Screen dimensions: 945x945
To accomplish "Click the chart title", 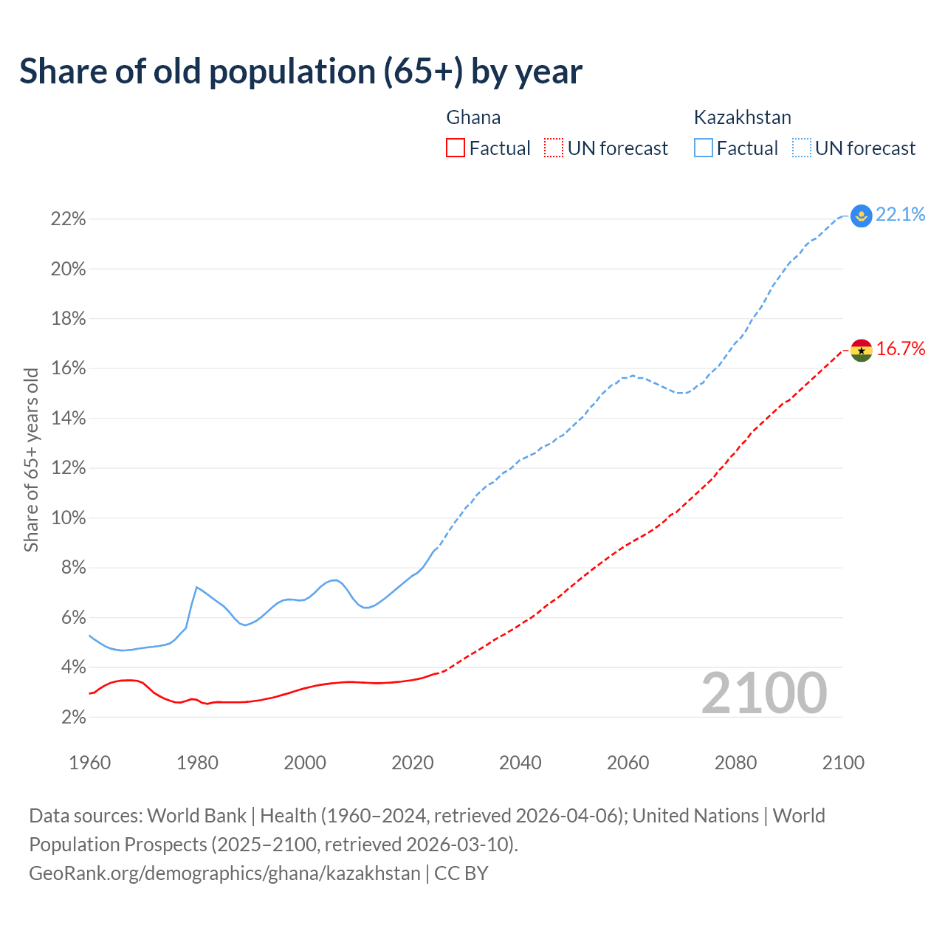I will pos(300,72).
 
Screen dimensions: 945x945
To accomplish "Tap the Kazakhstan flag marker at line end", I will pos(861,216).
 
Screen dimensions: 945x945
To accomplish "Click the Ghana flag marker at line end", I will pos(861,351).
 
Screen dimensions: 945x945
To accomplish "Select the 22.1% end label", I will pos(900,215).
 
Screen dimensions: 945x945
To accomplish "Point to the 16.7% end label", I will pos(900,349).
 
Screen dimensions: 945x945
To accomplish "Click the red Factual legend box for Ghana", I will pos(456,148).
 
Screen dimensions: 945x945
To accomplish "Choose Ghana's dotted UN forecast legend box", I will pos(554,148).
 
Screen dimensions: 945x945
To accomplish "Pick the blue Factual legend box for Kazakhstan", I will pos(704,148).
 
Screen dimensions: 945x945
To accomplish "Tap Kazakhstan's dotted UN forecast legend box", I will pos(802,148).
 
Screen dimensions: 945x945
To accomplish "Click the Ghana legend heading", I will pos(473,117).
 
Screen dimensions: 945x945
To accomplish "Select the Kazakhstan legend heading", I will pos(742,117).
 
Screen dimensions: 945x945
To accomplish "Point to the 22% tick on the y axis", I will pos(68,219).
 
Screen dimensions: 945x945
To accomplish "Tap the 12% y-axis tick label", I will pos(68,468).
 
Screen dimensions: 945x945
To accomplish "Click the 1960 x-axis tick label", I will pos(89,763).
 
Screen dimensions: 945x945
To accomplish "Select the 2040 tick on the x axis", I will pos(520,763).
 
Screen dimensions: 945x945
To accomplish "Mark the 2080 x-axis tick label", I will pos(735,763).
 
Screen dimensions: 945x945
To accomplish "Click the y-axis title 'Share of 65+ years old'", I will pos(31,459).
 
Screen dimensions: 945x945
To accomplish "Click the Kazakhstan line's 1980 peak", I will pos(196,587).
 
